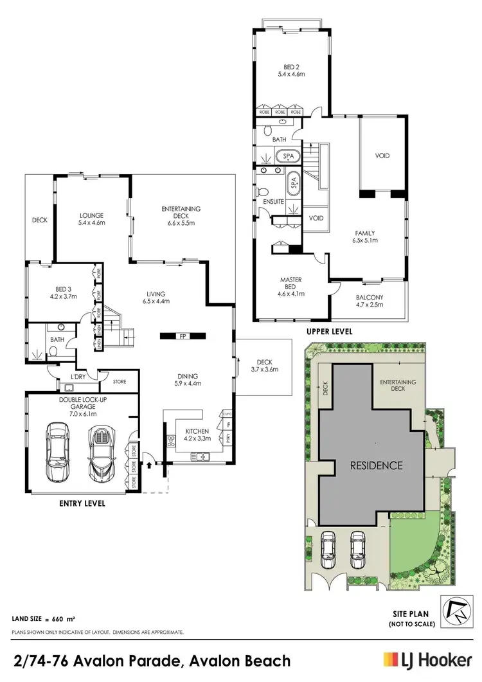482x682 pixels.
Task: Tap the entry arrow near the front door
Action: point(150,462)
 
